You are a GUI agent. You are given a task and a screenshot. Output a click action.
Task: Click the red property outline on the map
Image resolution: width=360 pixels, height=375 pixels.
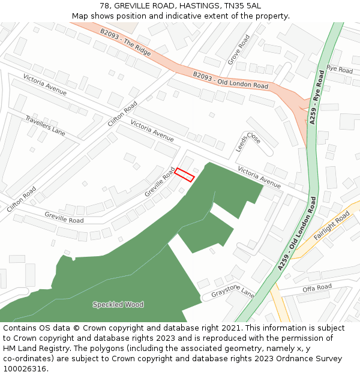(185, 175)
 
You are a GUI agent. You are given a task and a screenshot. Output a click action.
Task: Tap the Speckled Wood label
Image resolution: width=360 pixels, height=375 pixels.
(118, 304)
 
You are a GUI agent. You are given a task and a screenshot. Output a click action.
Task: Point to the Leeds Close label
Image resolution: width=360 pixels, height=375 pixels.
(248, 142)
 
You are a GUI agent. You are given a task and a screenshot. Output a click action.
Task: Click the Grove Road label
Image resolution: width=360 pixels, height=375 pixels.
(238, 50)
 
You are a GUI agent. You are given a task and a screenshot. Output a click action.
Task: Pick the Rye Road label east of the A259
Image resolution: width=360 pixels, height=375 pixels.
(340, 70)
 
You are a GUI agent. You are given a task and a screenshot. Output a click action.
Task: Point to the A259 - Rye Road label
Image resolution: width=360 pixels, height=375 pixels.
(317, 97)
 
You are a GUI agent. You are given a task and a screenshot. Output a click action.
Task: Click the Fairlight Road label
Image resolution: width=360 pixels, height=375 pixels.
(331, 226)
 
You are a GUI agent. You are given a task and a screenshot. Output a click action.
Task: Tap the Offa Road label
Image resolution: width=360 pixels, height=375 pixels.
(317, 288)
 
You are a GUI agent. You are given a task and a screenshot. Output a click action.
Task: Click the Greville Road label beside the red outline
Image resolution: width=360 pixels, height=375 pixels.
(160, 181)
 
